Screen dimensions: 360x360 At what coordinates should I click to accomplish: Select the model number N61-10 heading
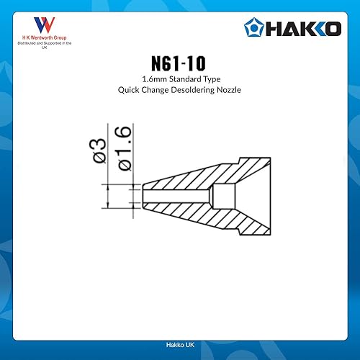tap(180, 65)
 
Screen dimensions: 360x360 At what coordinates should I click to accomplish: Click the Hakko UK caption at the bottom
tap(180, 346)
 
